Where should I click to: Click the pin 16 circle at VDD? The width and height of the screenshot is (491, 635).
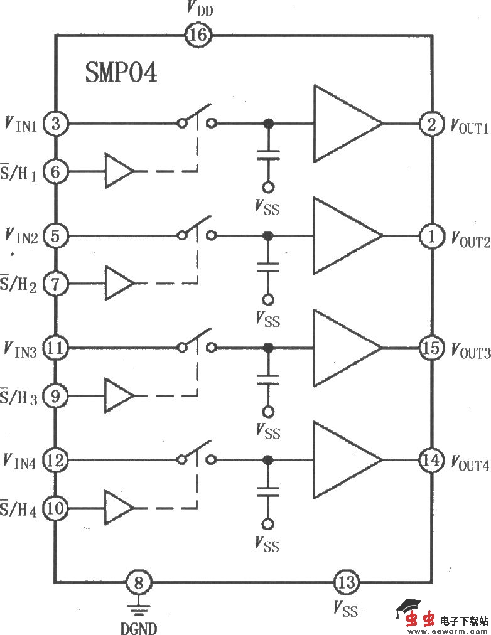197,36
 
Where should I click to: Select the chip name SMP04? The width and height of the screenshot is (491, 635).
121,73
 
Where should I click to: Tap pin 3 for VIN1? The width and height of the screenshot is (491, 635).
56,124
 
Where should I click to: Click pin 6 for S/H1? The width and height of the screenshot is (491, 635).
56,171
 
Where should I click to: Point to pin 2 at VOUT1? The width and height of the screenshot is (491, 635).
432,124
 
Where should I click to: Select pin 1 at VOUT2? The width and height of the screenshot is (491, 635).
432,236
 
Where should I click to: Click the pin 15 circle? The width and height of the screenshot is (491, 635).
432,348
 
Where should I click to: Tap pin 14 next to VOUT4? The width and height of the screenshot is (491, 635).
432,460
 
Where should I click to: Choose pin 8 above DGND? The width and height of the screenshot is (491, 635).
139,583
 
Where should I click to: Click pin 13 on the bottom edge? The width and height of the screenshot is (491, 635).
346,583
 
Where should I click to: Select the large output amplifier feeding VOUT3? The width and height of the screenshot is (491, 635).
346,348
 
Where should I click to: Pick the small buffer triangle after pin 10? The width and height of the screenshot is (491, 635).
119,508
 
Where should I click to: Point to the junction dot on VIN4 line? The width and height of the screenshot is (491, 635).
268,460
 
